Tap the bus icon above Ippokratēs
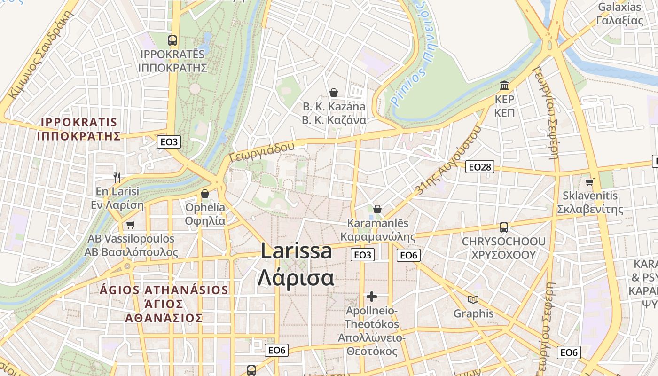point(172,40)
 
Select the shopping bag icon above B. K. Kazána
point(334,93)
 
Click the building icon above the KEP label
point(505,86)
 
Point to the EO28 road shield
point(480,167)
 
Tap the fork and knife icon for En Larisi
point(117,177)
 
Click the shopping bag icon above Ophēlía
point(205,194)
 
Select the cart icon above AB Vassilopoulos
point(130,225)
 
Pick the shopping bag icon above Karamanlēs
point(377,209)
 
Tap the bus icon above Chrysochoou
point(504,227)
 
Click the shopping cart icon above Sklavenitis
point(590,182)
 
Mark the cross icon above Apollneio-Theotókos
point(372,297)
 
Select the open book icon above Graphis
point(473,299)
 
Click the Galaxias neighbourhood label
point(619,14)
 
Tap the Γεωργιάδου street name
point(262,152)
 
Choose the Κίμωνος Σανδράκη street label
point(42,55)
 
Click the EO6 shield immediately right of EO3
point(408,255)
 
